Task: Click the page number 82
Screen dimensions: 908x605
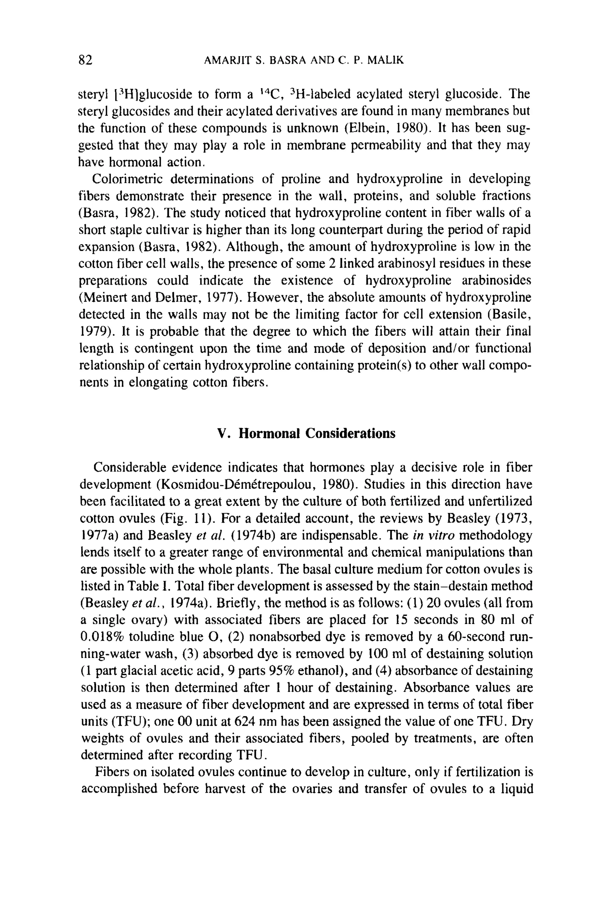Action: [x=85, y=60]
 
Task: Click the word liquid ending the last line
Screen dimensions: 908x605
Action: [x=516, y=789]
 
